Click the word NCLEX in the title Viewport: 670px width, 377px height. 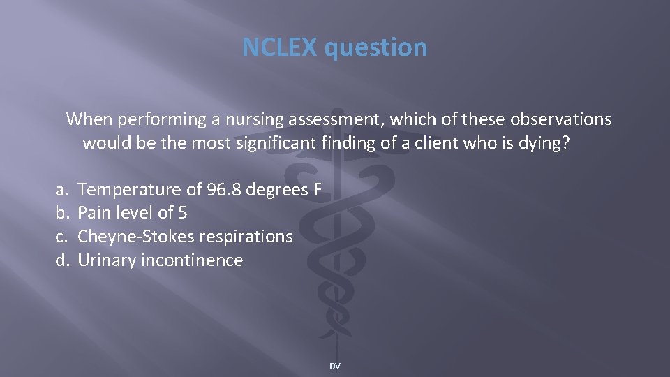(279, 47)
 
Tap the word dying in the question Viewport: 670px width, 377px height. (545, 145)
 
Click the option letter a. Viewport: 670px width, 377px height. (61, 189)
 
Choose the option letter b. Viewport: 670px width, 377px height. (61, 213)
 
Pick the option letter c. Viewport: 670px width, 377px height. (61, 237)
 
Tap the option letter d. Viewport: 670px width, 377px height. (61, 260)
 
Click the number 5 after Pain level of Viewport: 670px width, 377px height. (183, 213)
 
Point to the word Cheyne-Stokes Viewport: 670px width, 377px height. (136, 237)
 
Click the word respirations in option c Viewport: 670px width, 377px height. (246, 237)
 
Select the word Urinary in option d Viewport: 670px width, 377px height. (106, 261)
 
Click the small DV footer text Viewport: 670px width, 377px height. (335, 366)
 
